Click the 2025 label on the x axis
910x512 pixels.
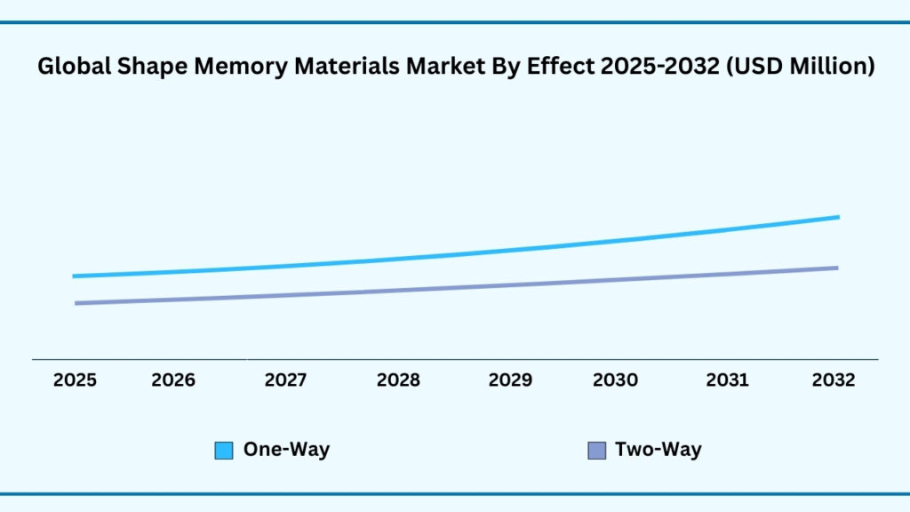click(x=76, y=380)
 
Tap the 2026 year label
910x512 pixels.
click(x=173, y=380)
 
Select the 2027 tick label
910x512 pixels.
click(x=286, y=380)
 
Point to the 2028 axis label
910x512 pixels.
click(x=398, y=380)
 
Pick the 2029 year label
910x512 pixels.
click(x=510, y=380)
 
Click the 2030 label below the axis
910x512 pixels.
click(x=615, y=380)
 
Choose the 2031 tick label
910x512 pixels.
click(x=728, y=380)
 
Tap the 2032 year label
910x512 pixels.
click(x=834, y=380)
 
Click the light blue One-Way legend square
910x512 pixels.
click(x=224, y=451)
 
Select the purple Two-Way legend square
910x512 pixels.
click(x=597, y=451)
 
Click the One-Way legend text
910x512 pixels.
click(x=286, y=450)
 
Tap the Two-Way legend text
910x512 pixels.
click(x=658, y=450)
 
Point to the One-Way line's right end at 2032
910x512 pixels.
click(x=837, y=217)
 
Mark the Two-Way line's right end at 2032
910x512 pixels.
click(x=836, y=268)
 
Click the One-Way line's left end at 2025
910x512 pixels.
click(x=75, y=276)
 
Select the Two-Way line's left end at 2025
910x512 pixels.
click(x=76, y=303)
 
